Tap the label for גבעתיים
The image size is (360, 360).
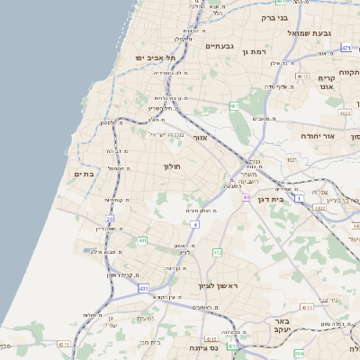pos(220,46)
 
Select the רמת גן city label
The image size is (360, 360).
pos(257,52)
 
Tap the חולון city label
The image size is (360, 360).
pos(173,166)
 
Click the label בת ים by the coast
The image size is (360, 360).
pos(85,174)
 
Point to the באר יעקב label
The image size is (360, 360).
pos(283,326)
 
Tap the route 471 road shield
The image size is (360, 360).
pos(346,47)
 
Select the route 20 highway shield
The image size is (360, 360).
pos(110,219)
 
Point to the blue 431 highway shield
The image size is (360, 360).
pos(143,288)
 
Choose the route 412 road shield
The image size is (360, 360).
pos(217,252)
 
